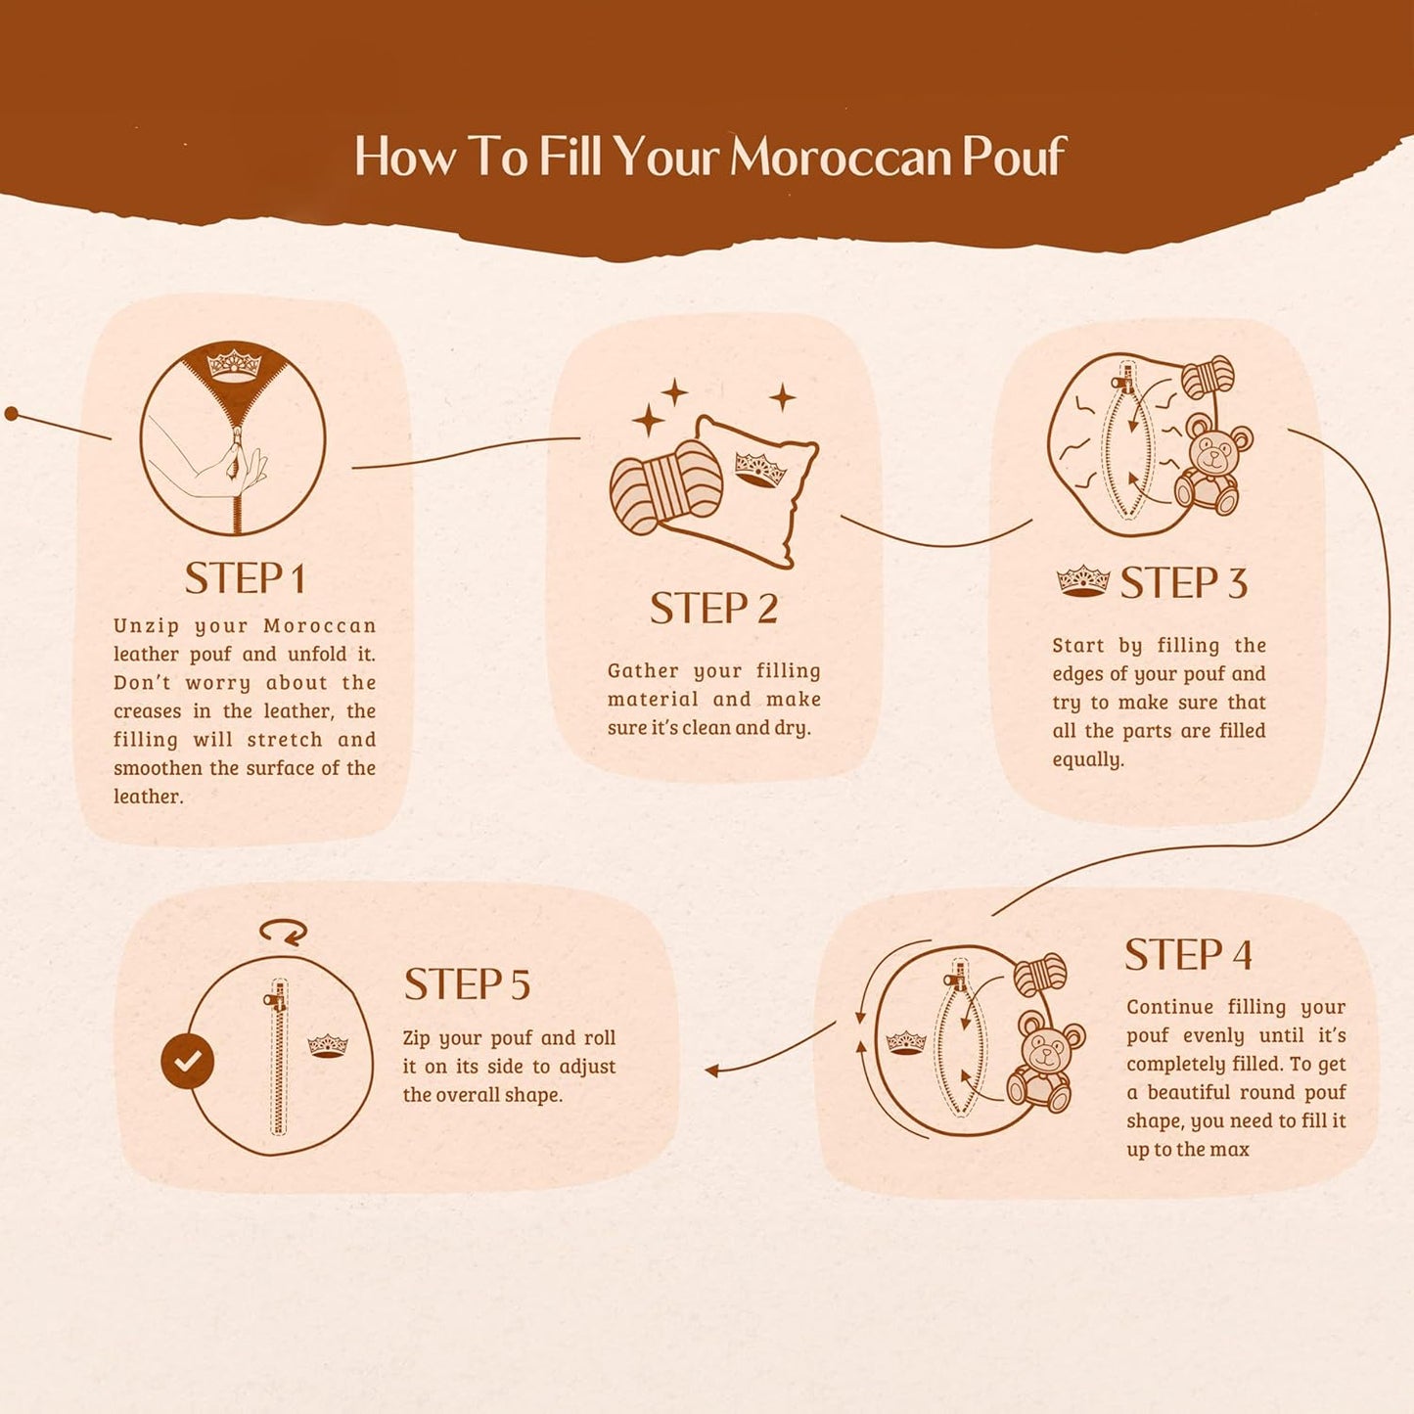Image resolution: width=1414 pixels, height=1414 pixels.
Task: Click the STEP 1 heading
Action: (245, 578)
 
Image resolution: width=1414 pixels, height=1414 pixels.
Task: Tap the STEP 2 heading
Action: (713, 609)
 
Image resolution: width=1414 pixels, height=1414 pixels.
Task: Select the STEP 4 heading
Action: (1188, 955)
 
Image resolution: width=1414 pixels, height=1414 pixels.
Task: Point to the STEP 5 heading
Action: (467, 984)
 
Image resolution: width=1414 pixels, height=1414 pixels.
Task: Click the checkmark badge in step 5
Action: (187, 1061)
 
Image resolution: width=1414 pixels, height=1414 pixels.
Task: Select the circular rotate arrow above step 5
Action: (283, 932)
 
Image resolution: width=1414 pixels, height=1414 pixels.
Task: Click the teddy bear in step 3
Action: (1213, 462)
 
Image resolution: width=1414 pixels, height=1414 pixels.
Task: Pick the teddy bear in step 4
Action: (1045, 1061)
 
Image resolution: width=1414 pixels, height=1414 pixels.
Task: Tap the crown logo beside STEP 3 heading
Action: (1083, 581)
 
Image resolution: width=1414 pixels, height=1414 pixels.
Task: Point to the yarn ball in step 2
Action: (666, 486)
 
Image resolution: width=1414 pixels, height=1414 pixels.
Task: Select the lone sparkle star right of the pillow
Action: (783, 397)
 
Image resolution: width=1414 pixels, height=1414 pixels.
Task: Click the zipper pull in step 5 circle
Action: (273, 999)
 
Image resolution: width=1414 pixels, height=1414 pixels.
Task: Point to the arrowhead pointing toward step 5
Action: (710, 1071)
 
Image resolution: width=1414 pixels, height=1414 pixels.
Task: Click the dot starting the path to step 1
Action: (11, 414)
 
